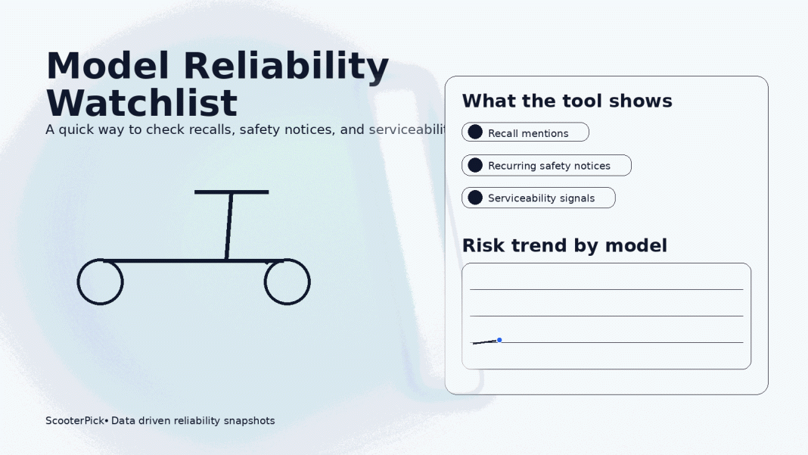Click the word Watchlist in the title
[142, 104]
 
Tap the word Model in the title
[107, 66]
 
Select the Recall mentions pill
[525, 132]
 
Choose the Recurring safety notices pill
[546, 166]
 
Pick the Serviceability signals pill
[539, 198]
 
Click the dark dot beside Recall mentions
[475, 132]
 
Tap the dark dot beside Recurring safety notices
[475, 166]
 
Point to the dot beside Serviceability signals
[475, 198]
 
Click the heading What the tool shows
[567, 101]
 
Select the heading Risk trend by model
[564, 246]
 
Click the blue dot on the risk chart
[499, 340]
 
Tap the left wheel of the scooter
[100, 282]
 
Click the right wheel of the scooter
[287, 282]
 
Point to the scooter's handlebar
[232, 192]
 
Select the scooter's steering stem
[228, 226]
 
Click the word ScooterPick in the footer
[74, 421]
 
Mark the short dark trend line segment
[484, 342]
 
